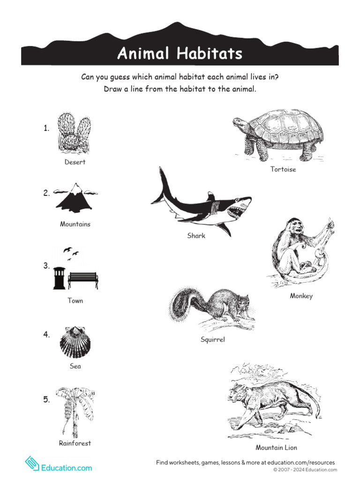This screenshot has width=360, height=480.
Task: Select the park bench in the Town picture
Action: click(82, 280)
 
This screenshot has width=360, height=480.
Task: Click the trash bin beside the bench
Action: click(60, 278)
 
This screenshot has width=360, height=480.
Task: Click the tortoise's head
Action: click(240, 124)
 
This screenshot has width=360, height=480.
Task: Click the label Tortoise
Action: click(283, 169)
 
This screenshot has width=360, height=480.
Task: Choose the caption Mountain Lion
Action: click(276, 447)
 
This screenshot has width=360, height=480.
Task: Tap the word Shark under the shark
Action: click(196, 236)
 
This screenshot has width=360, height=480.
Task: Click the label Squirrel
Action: click(212, 339)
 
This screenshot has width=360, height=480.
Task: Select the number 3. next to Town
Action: click(46, 266)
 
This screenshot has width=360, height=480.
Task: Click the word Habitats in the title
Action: click(210, 54)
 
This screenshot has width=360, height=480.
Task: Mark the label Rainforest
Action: click(75, 443)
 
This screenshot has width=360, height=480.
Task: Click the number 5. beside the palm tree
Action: click(46, 399)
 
